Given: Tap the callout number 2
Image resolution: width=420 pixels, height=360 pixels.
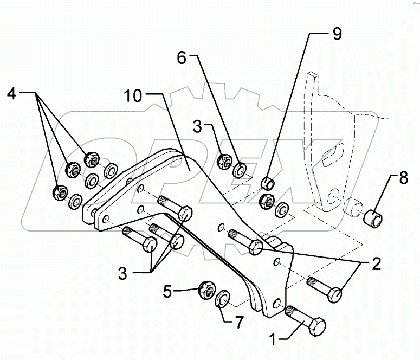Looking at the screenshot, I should pos(375,265).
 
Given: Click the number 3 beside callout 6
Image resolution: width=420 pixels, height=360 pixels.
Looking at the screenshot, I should pos(197,128).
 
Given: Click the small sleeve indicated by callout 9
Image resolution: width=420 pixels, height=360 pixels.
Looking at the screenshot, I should pos(267,182).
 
